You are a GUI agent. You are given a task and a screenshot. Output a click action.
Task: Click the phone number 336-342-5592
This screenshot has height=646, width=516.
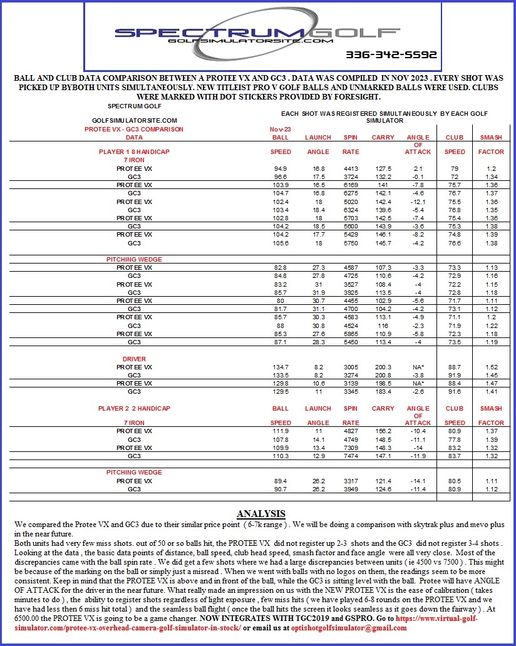[391, 54]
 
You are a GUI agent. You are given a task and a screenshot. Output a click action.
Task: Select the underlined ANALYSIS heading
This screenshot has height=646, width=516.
[261, 513]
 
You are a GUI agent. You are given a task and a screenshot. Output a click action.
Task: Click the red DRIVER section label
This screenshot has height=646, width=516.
[134, 359]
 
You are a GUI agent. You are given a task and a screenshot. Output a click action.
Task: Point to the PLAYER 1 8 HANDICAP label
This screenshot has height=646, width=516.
[134, 151]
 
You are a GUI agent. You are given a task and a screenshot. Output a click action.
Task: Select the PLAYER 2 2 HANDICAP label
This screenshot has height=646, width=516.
[134, 408]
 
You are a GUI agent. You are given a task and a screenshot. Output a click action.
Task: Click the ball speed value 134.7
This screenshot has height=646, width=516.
[281, 367]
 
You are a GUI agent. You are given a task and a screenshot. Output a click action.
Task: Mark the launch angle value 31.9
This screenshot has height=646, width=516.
[317, 292]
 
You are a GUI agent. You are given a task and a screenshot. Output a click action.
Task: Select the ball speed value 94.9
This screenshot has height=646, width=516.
[281, 168]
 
